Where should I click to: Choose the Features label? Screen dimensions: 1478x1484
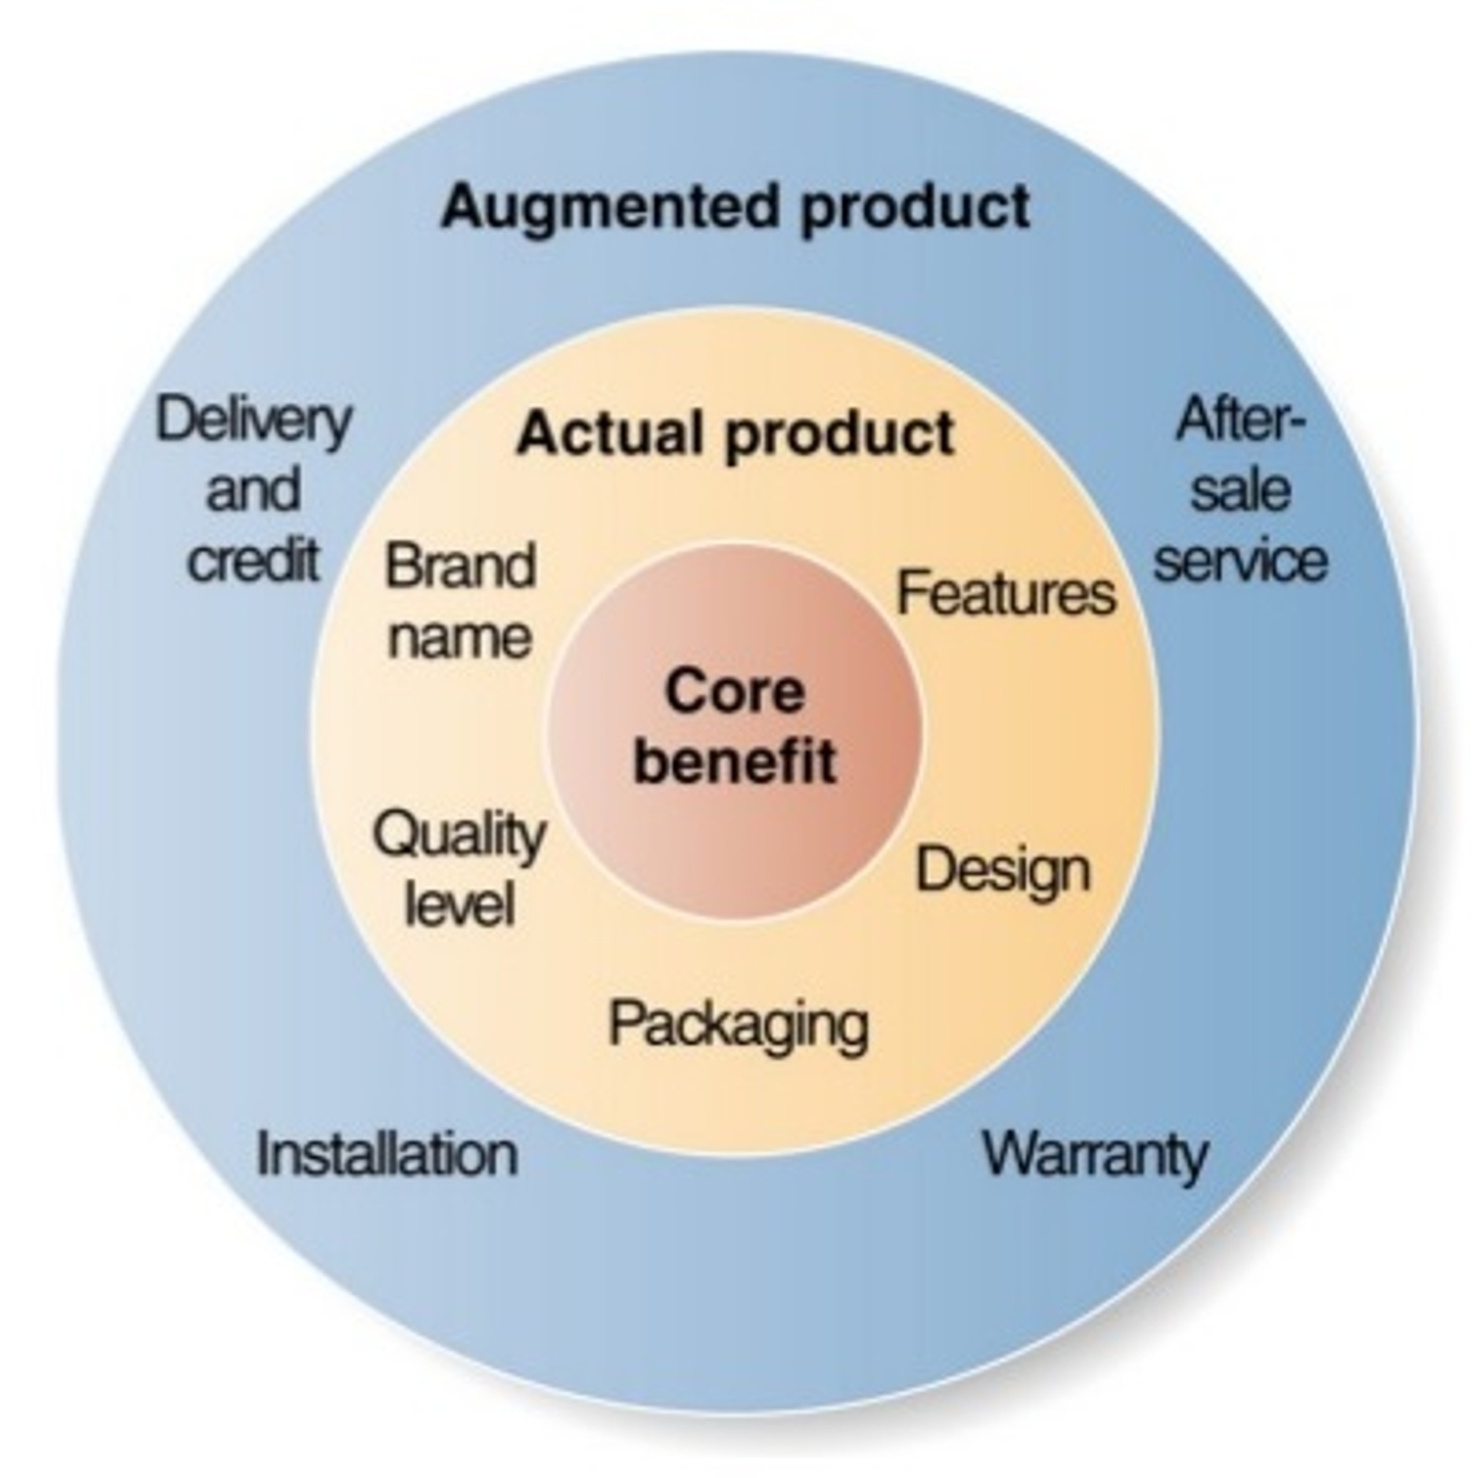pos(1005,593)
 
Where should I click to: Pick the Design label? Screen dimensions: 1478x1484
pos(1002,871)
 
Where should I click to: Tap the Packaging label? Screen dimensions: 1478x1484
pos(738,1025)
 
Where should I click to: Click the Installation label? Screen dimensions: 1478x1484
pos(387,1154)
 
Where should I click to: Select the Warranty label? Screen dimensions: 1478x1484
pos(1094,1154)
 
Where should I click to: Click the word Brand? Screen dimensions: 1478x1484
pos(460,566)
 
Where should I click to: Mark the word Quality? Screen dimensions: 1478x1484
pos(459,837)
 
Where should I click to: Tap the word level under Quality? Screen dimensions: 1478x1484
pos(460,904)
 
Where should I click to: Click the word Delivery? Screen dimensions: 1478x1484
pos(253,421)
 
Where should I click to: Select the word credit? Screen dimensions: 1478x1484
pos(253,559)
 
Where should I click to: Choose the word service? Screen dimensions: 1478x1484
pos(1240,559)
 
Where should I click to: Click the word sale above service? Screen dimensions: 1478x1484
pos(1240,490)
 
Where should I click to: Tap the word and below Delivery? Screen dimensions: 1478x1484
pos(252,490)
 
